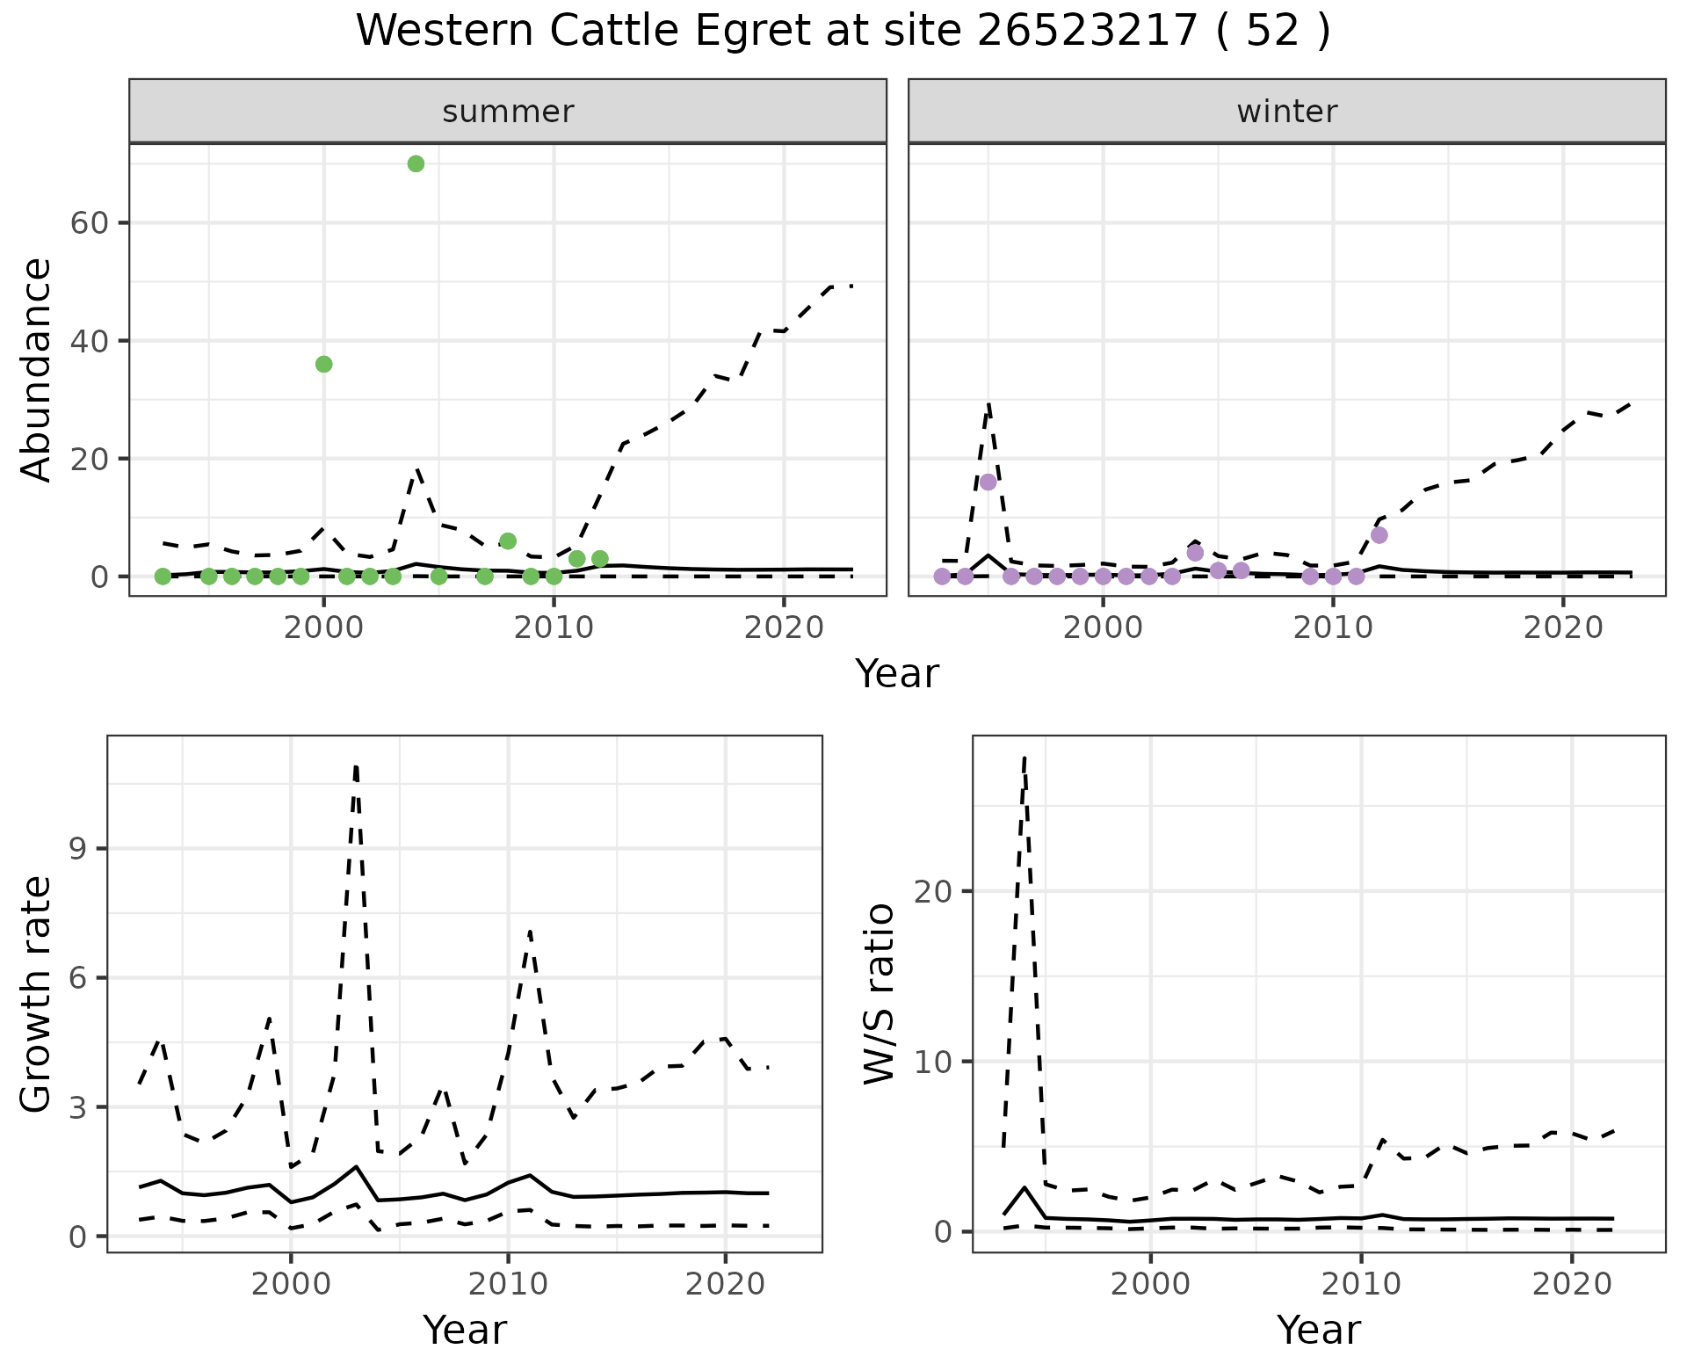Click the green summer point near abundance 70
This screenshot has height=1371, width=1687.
pyautogui.click(x=416, y=163)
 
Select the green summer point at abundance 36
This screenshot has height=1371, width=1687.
pyautogui.click(x=323, y=364)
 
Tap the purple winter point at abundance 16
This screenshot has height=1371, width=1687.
pyautogui.click(x=988, y=482)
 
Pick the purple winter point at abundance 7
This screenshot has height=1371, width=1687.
pyautogui.click(x=1379, y=534)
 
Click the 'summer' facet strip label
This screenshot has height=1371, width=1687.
pyautogui.click(x=508, y=112)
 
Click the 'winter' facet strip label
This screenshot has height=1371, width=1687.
pyautogui.click(x=1286, y=112)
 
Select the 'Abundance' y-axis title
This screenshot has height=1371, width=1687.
pyautogui.click(x=37, y=369)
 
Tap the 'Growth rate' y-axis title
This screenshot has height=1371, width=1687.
pyautogui.click(x=37, y=994)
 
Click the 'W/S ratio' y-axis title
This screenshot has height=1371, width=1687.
pyautogui.click(x=880, y=994)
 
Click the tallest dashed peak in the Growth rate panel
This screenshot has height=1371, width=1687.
pyautogui.click(x=355, y=766)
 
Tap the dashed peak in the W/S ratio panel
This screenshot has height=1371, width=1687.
pyautogui.click(x=1025, y=758)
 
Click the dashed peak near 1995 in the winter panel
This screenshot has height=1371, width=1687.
pyautogui.click(x=988, y=404)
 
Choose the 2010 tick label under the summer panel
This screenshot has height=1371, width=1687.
pyautogui.click(x=554, y=627)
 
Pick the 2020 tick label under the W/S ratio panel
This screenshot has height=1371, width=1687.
pyautogui.click(x=1572, y=1284)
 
